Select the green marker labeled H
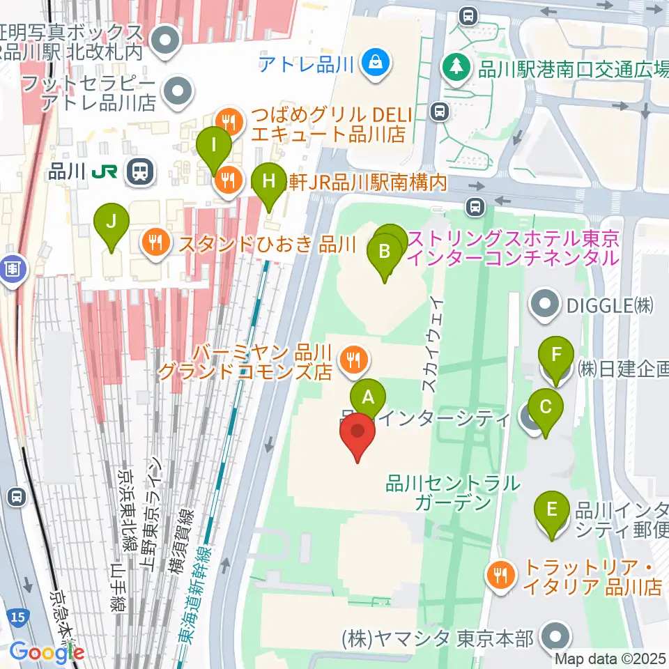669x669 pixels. pos(269,184)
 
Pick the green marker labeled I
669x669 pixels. pos(214,148)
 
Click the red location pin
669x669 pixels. pos(358,433)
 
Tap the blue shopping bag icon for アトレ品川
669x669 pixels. pos(376,65)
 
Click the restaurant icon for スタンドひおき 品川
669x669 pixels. pos(154,243)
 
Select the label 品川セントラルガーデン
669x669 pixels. pos(454,492)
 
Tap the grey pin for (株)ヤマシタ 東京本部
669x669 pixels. pos(557,638)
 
